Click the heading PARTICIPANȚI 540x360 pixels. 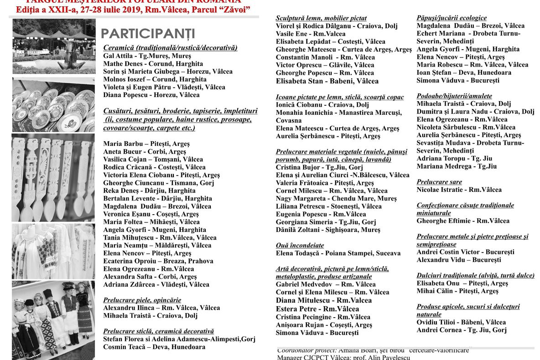148,34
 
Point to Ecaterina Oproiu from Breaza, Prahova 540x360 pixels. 158,261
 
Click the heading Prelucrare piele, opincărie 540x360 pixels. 142,300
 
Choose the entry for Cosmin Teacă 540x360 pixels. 154,347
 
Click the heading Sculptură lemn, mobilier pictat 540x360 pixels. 321,18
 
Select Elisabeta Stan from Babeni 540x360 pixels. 327,81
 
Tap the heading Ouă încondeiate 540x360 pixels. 300,245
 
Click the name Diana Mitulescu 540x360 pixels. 324,300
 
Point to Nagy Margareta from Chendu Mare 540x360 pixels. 336,199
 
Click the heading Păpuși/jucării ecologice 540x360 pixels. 452,18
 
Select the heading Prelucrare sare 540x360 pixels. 439,182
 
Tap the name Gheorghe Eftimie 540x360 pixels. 463,221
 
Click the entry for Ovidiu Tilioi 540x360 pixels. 461,322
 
